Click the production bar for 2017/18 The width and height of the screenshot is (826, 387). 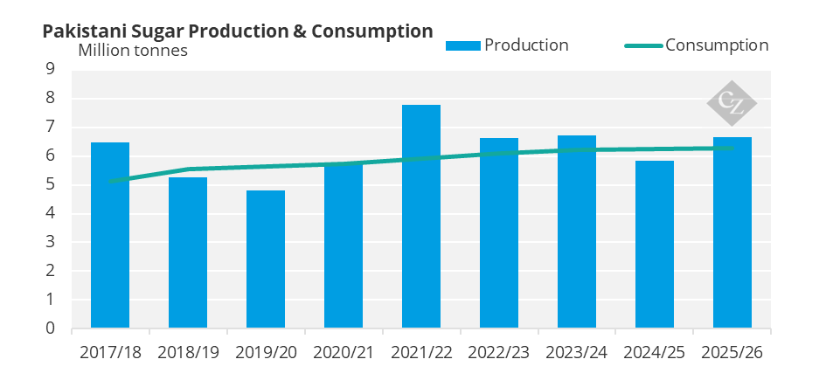tap(110, 236)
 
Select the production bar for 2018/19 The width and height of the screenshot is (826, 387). tap(188, 253)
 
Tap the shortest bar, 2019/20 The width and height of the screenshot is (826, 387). tap(266, 259)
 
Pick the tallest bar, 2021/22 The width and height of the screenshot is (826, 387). tap(421, 217)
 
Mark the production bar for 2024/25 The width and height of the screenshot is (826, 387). tap(655, 245)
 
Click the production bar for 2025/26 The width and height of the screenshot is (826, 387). tap(732, 233)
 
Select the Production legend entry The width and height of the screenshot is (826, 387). tap(507, 45)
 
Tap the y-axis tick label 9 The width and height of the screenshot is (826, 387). tap(50, 70)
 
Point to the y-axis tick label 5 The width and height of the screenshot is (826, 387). tap(50, 185)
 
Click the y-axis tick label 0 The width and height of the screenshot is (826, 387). tap(50, 328)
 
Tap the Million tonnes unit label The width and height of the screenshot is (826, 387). tap(133, 50)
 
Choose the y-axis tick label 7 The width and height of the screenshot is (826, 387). tap(50, 128)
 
